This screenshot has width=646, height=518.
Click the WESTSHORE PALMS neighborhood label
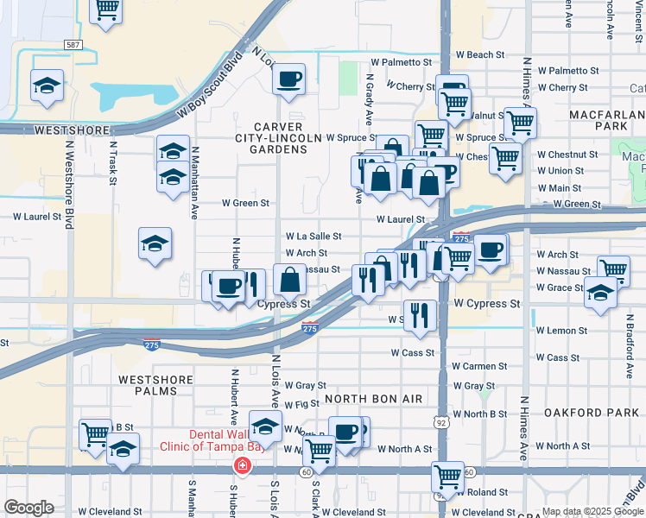pos(155,386)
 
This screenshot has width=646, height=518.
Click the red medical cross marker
pos(243,467)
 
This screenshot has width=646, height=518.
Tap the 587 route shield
pos(73,43)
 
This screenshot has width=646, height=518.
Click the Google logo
pos(28,508)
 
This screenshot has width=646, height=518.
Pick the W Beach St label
pos(480,54)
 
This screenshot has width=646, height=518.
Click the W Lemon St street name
pos(561,331)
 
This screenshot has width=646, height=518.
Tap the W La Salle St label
pos(313,236)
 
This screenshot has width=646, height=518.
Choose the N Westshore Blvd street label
pos(69,190)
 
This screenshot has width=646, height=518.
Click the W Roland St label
pos(480,492)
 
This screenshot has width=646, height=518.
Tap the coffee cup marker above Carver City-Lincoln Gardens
pos(288,79)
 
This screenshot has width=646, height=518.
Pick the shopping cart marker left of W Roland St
pos(447,475)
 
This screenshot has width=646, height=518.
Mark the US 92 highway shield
pos(440,421)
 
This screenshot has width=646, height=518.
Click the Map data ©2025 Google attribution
pos(592,511)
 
